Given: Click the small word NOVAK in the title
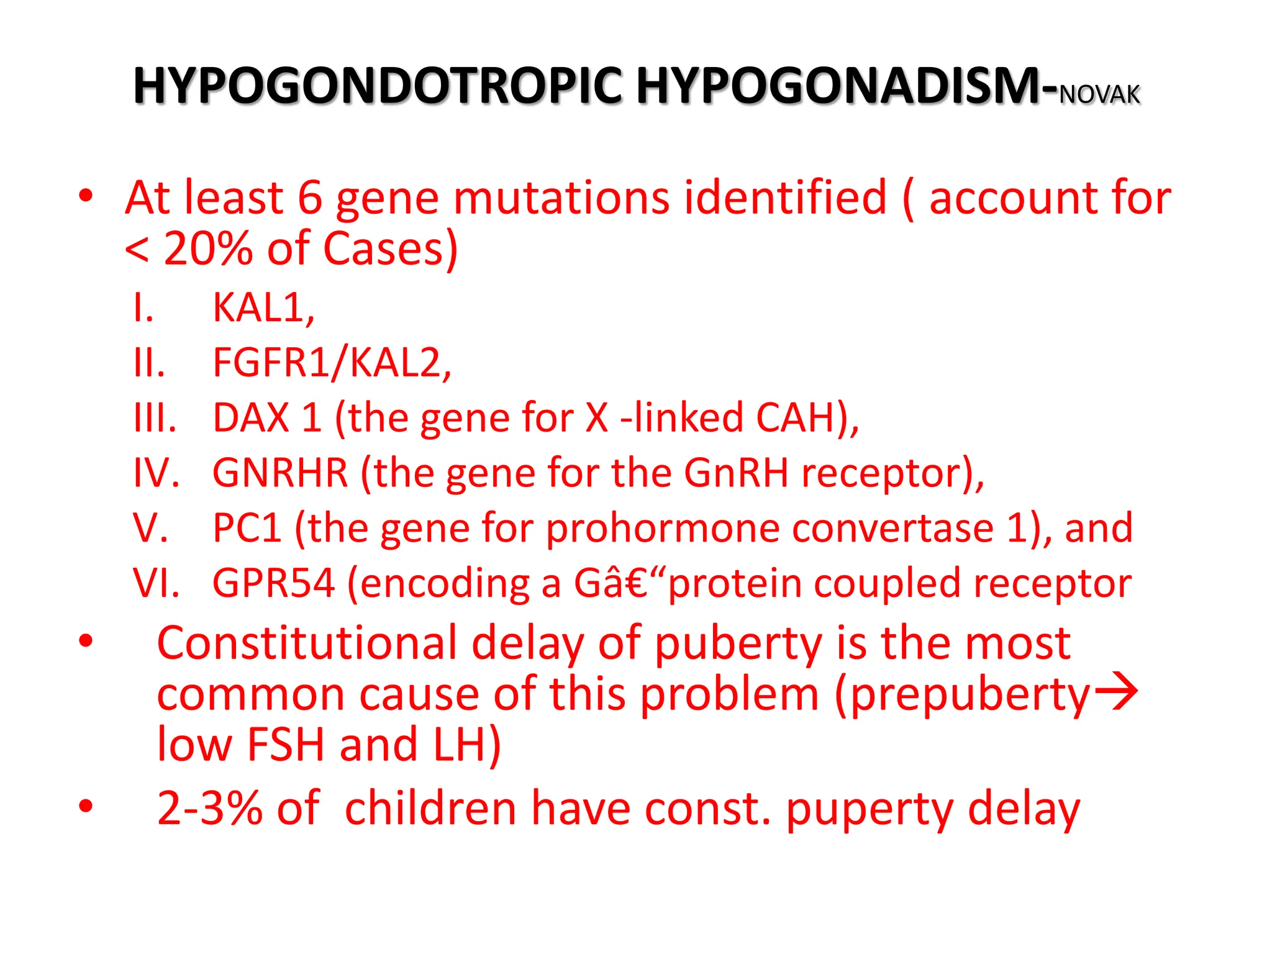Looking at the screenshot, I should tap(1099, 95).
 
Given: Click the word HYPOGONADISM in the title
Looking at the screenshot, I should tap(838, 86).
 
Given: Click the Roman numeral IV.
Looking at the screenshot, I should tap(157, 473).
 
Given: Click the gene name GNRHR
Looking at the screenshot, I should tap(281, 473).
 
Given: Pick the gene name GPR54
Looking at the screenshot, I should tap(274, 584).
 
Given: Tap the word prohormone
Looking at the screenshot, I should tap(662, 529).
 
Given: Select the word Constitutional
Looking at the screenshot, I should tap(307, 643).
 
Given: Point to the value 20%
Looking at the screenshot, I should tap(208, 249).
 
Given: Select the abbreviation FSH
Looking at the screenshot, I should tap(286, 745).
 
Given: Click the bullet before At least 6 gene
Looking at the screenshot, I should tap(86, 196).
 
